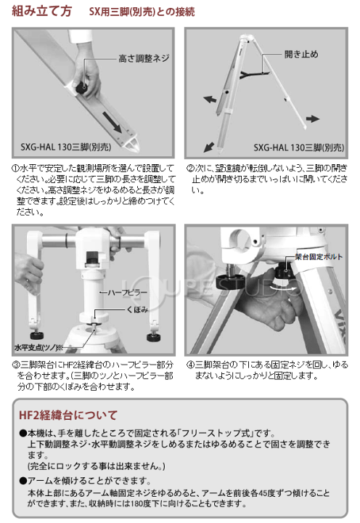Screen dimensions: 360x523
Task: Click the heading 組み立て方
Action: [41, 11]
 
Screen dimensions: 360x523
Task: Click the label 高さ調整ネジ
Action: [144, 59]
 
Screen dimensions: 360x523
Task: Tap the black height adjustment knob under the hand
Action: [82, 88]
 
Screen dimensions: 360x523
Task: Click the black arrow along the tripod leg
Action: [112, 122]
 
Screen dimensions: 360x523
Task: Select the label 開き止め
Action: [301, 54]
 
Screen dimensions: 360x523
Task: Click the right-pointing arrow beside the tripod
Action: [313, 118]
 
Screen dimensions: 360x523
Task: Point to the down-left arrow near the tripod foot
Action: [208, 147]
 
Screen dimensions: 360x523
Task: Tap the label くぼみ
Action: [137, 309]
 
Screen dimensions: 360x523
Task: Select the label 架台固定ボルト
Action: [319, 256]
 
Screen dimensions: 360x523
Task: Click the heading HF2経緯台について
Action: [68, 415]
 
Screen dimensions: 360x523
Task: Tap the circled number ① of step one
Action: [15, 168]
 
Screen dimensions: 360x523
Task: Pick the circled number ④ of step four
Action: [189, 364]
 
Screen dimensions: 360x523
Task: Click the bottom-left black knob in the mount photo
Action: [37, 335]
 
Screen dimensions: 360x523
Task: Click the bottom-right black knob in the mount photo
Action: [153, 336]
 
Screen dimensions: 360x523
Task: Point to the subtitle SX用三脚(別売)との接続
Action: [142, 12]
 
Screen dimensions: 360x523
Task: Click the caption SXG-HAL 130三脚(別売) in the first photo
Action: [65, 147]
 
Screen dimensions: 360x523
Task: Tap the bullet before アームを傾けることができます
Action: [23, 481]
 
